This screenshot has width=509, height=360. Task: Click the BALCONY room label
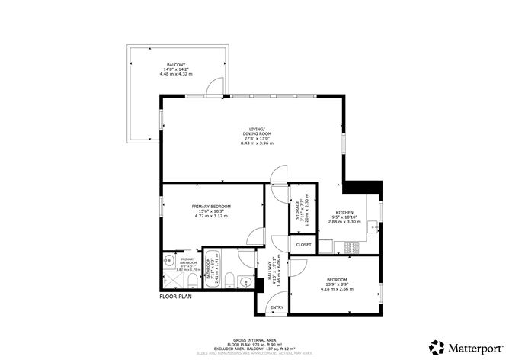pyautogui.click(x=177, y=63)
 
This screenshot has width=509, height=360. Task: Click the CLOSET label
pyautogui.click(x=303, y=245)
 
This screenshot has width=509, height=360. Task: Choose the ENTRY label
pyautogui.click(x=278, y=307)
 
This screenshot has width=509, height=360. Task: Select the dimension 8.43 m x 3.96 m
pyautogui.click(x=257, y=143)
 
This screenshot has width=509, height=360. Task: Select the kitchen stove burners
pyautogui.click(x=352, y=246)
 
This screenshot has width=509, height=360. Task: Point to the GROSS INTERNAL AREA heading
pyautogui.click(x=254, y=340)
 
